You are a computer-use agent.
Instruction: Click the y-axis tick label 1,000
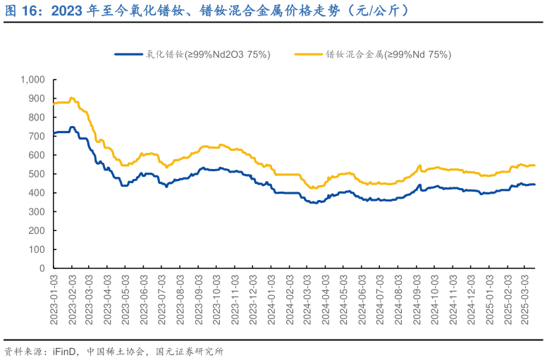tap(32, 80)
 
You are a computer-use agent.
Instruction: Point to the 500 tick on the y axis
tap(37, 174)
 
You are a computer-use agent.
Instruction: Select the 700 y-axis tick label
tap(37, 136)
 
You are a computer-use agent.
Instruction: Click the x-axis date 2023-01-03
tap(54, 299)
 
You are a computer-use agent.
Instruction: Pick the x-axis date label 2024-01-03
tap(271, 299)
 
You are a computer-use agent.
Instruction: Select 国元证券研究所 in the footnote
tap(189, 351)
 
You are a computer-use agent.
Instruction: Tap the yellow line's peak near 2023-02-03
tap(72, 98)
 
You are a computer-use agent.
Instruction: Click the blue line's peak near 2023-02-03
tap(72, 128)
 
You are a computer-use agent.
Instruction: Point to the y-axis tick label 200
tap(37, 230)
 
